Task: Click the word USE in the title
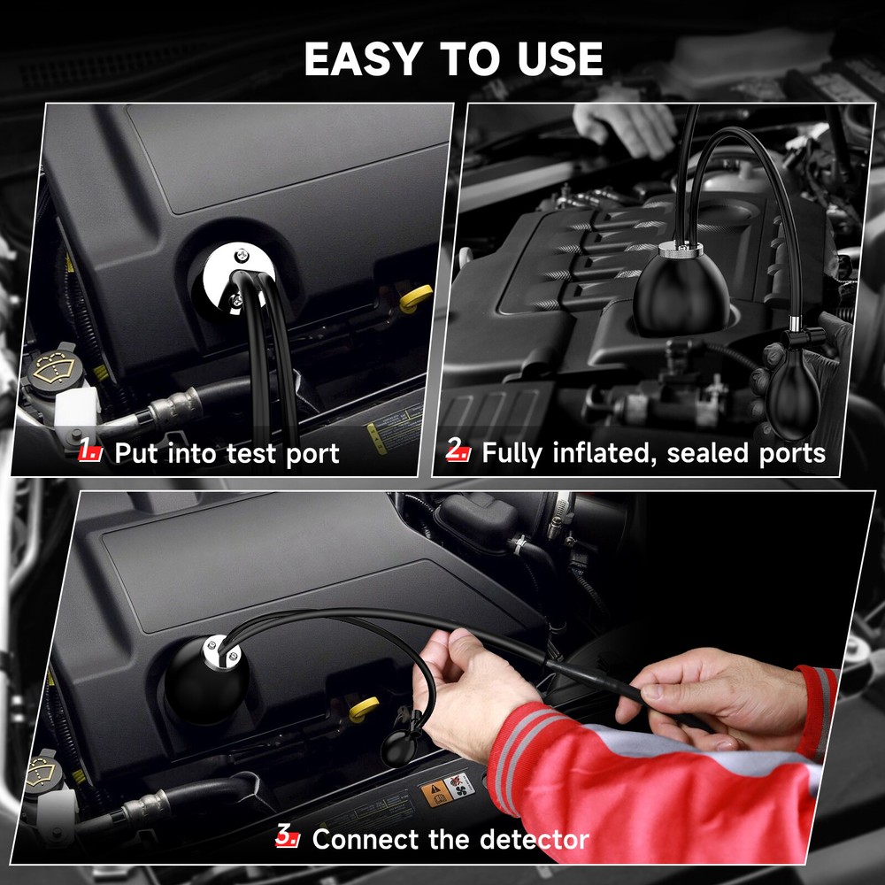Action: pos(557,59)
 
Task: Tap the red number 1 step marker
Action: pos(90,453)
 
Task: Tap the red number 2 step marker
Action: pos(458,451)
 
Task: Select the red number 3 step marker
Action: pos(288,836)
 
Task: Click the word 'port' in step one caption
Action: pos(309,455)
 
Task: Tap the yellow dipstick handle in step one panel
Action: pos(415,299)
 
